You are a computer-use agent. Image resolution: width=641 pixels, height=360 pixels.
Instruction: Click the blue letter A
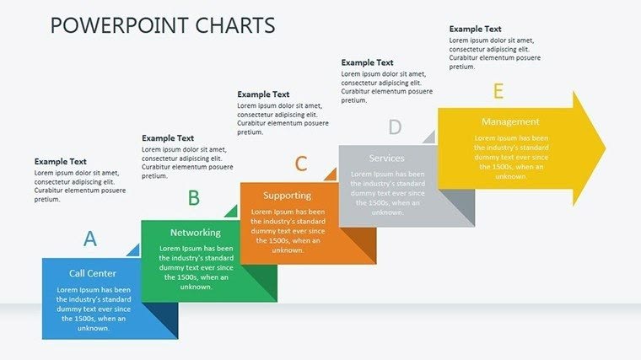coord(90,239)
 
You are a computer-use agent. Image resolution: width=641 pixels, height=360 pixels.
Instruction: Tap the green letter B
coord(193,198)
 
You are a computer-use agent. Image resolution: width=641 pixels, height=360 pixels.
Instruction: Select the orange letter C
coord(301,164)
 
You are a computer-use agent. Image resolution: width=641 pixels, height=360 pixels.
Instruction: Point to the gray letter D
coord(395,127)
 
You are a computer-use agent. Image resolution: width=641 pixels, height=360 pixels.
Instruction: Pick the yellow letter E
coord(498,91)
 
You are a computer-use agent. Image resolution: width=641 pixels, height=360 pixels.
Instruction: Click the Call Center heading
coord(93,273)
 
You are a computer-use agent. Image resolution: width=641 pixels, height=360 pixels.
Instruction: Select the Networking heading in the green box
coord(195,233)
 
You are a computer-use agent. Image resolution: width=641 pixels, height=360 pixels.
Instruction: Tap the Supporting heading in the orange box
coord(287,196)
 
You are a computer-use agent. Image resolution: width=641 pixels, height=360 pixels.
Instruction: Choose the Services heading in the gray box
coord(386,158)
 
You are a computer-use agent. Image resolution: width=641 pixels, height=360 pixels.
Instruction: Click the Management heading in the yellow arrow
coord(510,121)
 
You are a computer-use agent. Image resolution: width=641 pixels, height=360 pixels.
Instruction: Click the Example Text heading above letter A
coord(61,161)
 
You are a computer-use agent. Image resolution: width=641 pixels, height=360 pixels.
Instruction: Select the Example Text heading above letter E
coord(475,29)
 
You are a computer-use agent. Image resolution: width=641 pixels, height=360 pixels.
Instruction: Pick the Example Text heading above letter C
coord(263,94)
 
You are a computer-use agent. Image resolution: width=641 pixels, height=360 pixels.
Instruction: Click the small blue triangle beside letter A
coord(134,250)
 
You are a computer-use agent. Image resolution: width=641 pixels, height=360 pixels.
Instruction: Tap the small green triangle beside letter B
coord(232,212)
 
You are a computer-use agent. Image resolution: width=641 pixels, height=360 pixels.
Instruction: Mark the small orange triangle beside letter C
coord(331,175)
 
